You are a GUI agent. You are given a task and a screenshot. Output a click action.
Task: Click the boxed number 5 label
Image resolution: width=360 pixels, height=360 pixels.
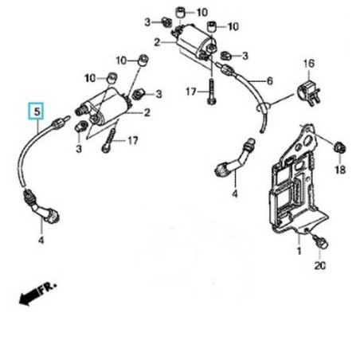click(35, 112)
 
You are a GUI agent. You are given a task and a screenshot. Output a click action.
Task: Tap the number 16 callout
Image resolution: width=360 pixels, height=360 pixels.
click(308, 62)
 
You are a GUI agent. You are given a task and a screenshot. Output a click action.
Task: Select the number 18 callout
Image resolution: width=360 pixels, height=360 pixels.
click(340, 170)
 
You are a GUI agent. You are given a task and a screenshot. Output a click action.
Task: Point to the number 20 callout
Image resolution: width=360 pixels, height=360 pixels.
click(320, 265)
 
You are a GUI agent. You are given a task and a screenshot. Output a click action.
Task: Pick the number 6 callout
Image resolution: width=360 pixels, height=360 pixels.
click(269, 80)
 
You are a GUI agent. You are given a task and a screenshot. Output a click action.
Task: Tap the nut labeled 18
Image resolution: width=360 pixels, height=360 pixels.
click(338, 147)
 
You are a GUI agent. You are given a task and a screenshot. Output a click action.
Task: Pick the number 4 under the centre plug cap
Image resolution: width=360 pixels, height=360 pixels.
click(235, 194)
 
